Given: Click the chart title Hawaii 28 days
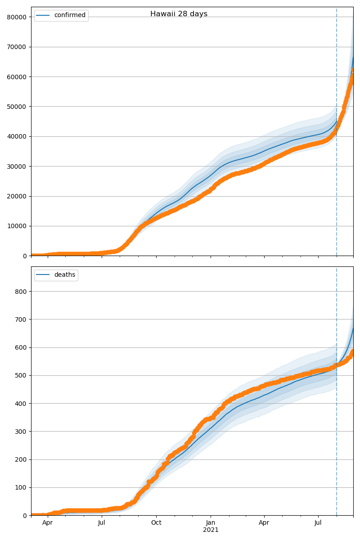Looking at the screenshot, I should [179, 14].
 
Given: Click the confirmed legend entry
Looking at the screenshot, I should [69, 15].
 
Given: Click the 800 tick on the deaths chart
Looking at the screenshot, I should [21, 292].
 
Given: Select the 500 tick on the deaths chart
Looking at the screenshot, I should [21, 376].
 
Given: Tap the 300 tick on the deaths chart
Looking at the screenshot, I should [21, 432].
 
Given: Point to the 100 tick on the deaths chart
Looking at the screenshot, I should [21, 488].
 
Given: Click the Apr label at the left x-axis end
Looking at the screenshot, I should [48, 523].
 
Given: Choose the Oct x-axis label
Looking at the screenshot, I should [156, 523].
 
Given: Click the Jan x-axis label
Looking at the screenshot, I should [210, 523].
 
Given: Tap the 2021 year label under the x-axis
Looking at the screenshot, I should [211, 530].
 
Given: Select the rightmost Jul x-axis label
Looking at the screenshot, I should [318, 523].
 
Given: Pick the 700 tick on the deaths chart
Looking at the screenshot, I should [21, 319].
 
